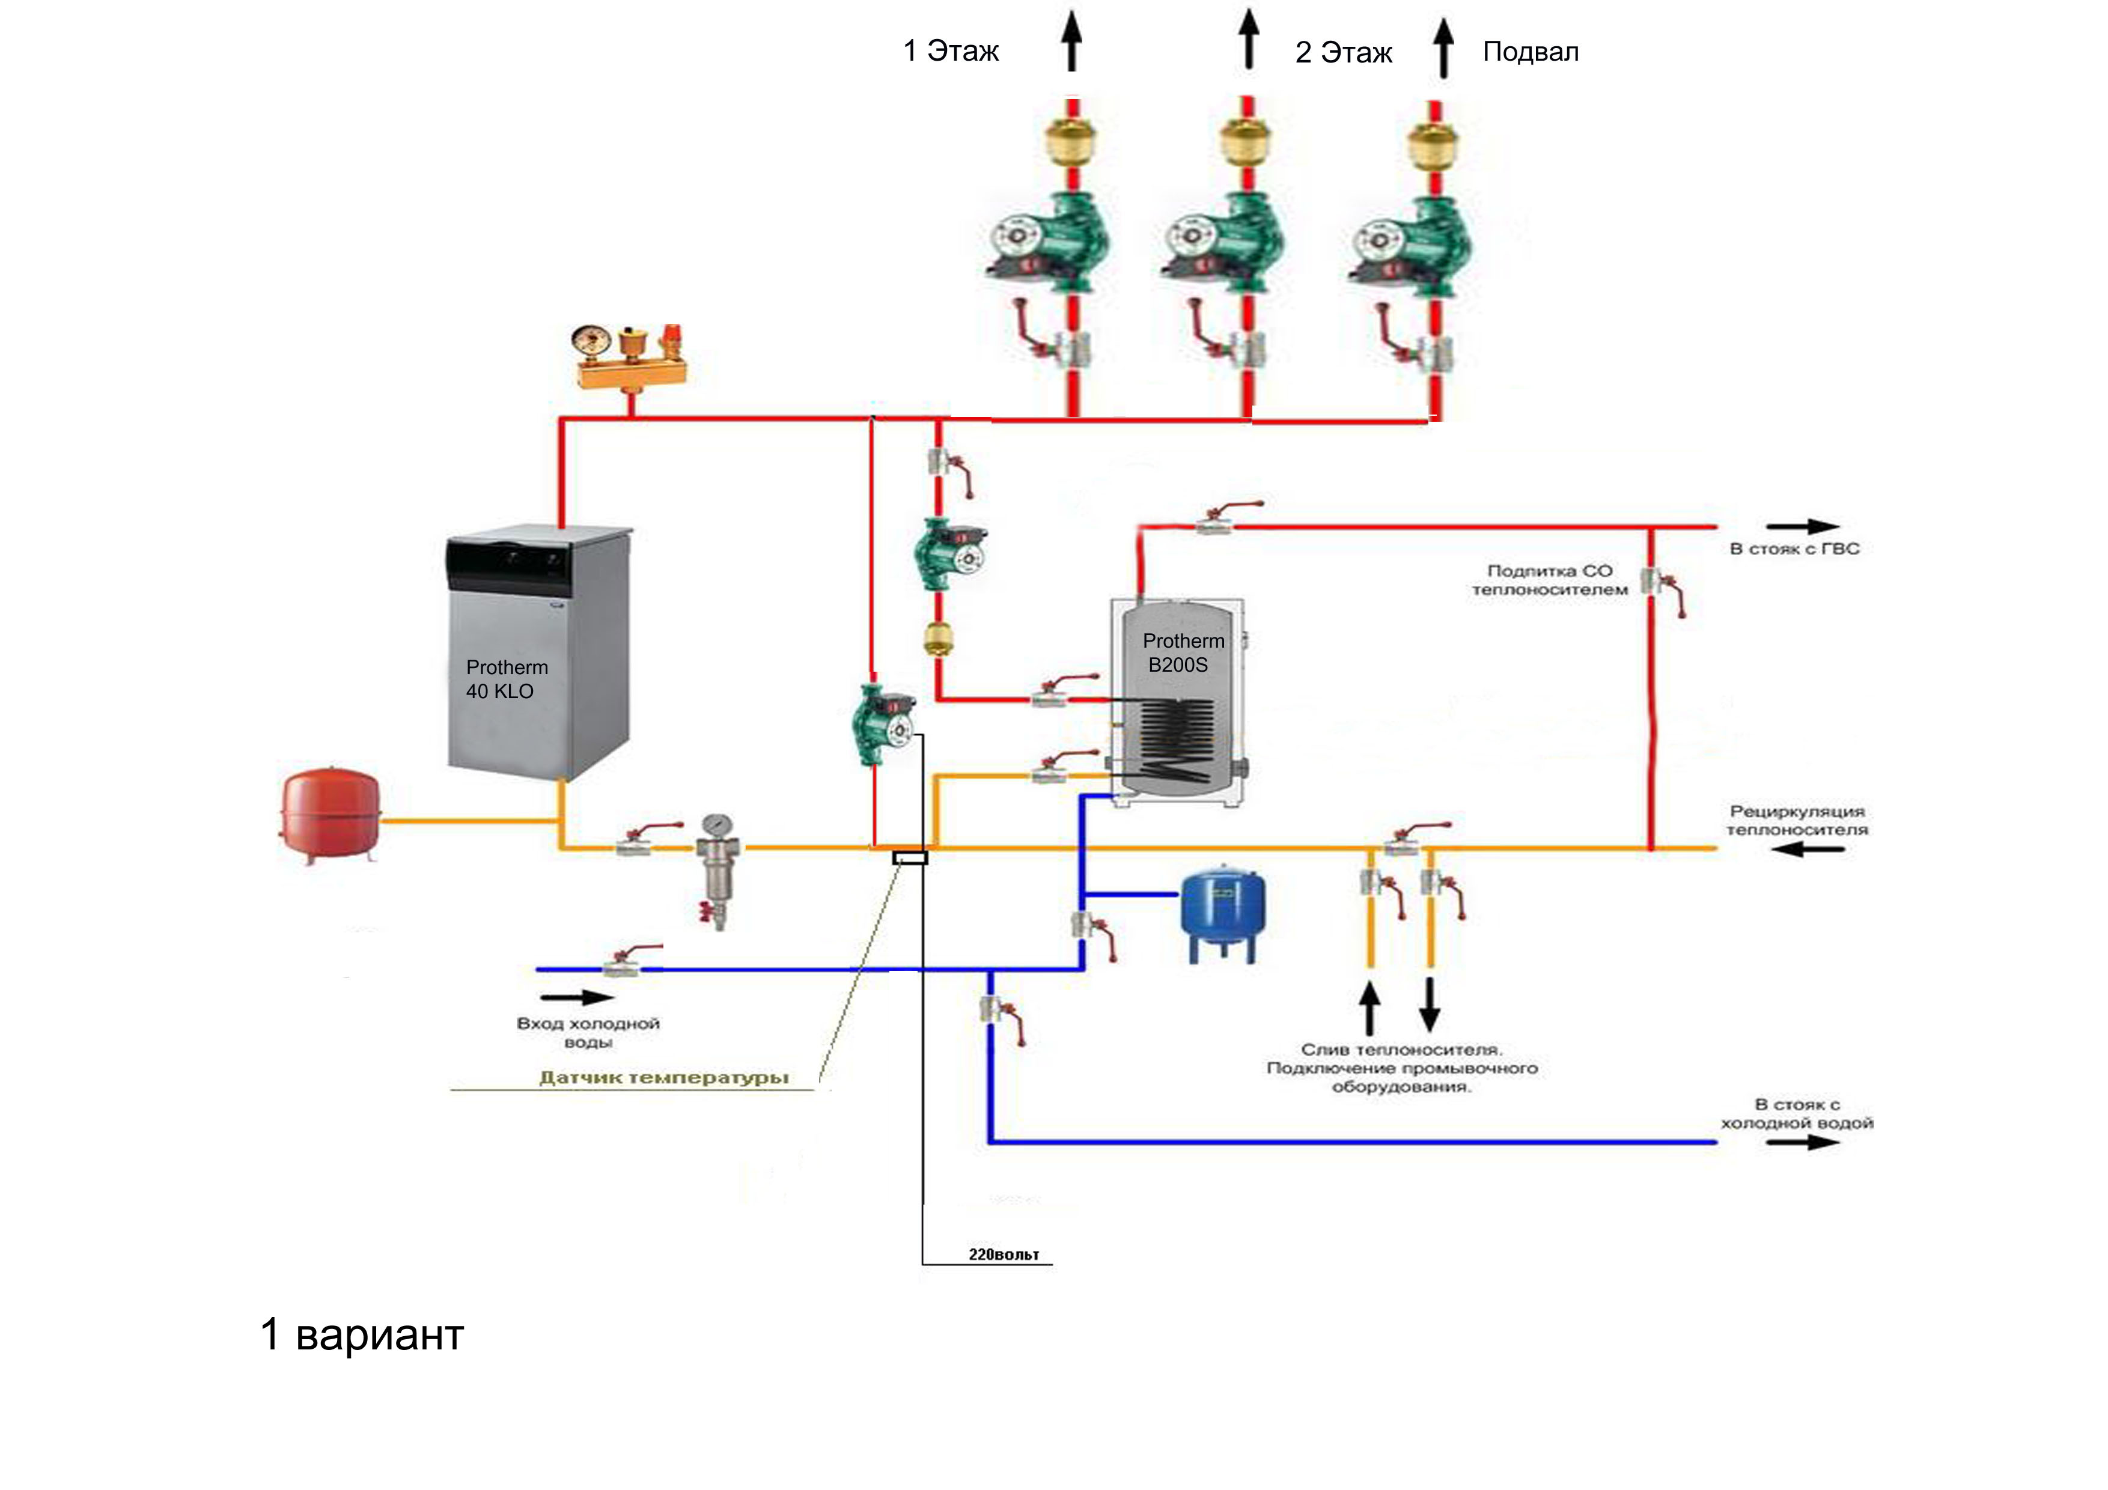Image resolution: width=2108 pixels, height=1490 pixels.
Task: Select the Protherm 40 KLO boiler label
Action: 506,680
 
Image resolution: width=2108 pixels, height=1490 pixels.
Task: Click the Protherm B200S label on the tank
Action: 1183,652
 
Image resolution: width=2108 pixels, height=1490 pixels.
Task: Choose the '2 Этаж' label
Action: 1343,52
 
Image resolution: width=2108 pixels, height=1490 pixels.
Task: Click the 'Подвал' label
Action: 1531,52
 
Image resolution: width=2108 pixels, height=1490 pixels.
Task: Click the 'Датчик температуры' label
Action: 663,1078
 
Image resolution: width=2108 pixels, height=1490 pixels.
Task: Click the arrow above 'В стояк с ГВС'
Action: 1802,527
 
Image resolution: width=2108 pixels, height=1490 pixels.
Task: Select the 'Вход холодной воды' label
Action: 588,1033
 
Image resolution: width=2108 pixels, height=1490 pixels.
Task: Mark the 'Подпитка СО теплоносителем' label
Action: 1550,580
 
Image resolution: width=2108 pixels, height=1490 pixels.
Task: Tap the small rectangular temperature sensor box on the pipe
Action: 910,857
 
